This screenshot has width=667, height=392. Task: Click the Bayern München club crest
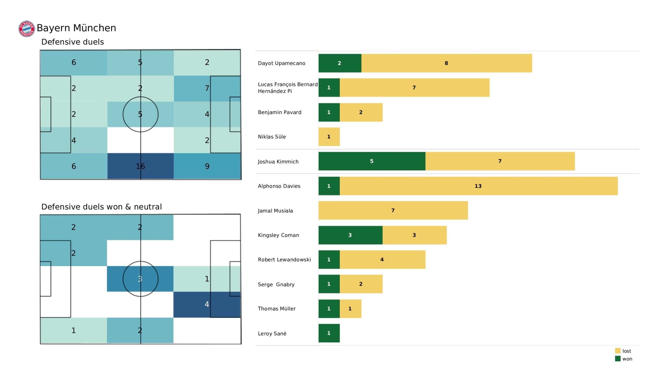27,29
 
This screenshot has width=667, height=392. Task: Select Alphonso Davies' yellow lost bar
479,186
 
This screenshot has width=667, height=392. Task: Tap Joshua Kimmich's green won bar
372,161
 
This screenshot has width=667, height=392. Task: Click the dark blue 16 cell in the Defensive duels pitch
140,166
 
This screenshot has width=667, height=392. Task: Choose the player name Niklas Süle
272,137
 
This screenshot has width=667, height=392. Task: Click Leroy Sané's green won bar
329,333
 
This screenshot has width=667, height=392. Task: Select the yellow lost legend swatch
618,351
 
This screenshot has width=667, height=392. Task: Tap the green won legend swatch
618,359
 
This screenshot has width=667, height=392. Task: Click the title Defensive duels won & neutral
101,207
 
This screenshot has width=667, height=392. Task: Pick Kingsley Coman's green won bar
350,235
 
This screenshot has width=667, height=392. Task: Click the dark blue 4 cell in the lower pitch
207,304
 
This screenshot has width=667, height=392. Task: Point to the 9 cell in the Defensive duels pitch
207,166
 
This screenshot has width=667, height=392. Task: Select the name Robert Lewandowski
284,260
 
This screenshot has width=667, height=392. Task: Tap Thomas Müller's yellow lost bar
350,309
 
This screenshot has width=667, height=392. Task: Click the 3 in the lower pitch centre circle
140,279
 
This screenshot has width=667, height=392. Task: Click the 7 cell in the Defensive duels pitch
207,88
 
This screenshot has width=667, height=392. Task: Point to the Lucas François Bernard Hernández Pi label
288,88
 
